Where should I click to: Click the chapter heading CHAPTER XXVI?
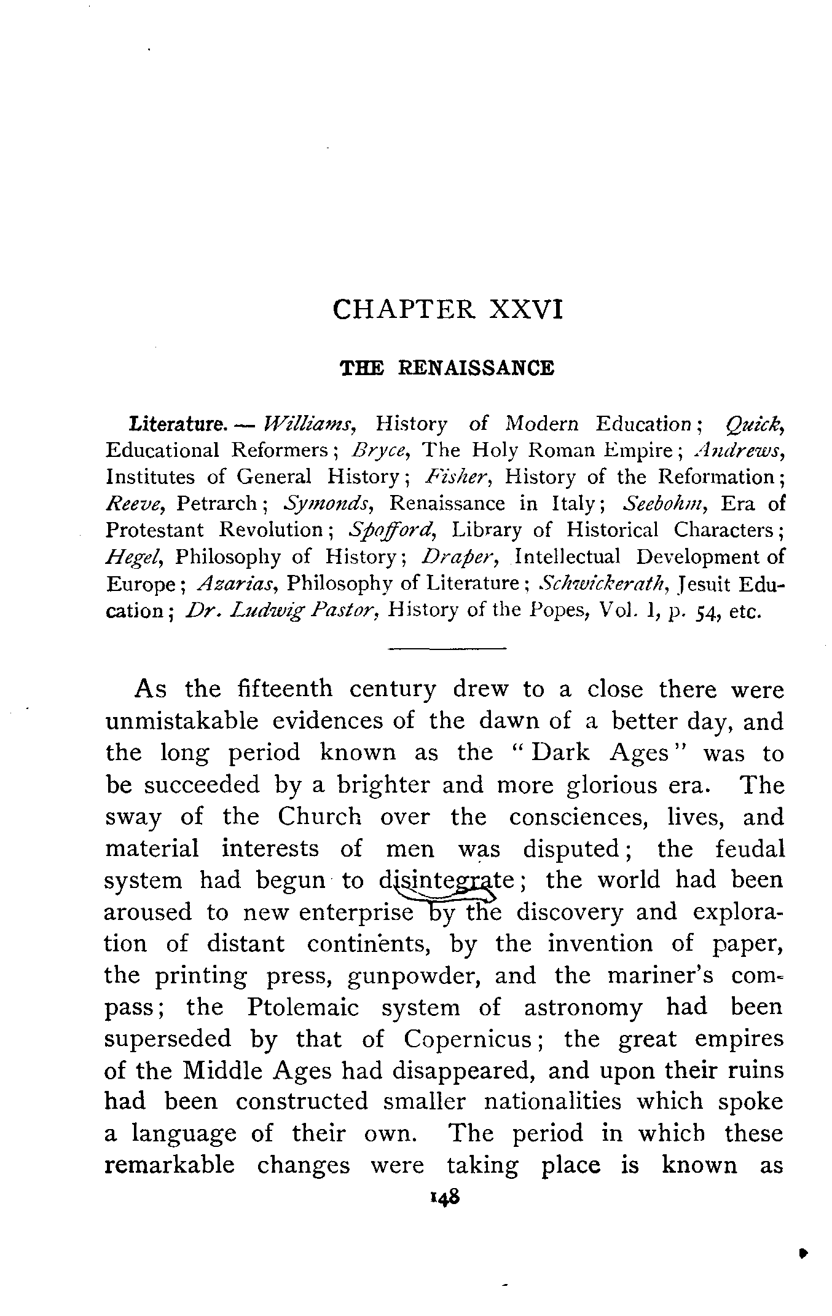pos(447,309)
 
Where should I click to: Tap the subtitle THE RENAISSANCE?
pos(447,368)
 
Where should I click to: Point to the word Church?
pos(319,817)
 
